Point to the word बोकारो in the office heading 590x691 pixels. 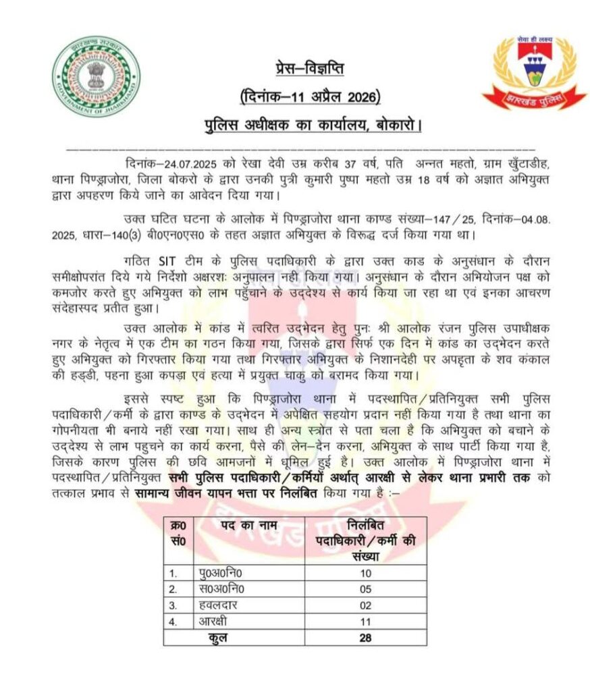(398, 126)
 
